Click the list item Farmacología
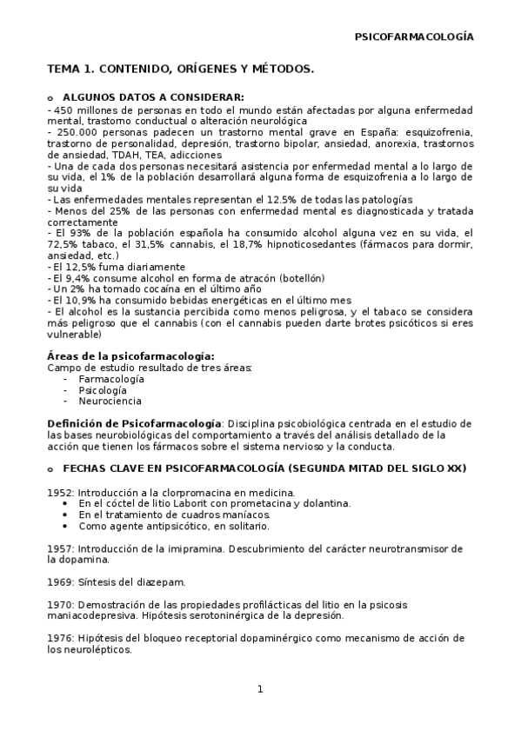(x=111, y=379)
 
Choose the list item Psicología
(x=103, y=390)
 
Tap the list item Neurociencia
(x=110, y=402)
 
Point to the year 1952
(x=60, y=492)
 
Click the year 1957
(x=60, y=548)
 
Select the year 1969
(x=60, y=581)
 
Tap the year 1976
(x=60, y=637)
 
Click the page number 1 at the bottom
(x=259, y=690)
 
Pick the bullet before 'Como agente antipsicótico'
(x=68, y=526)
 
